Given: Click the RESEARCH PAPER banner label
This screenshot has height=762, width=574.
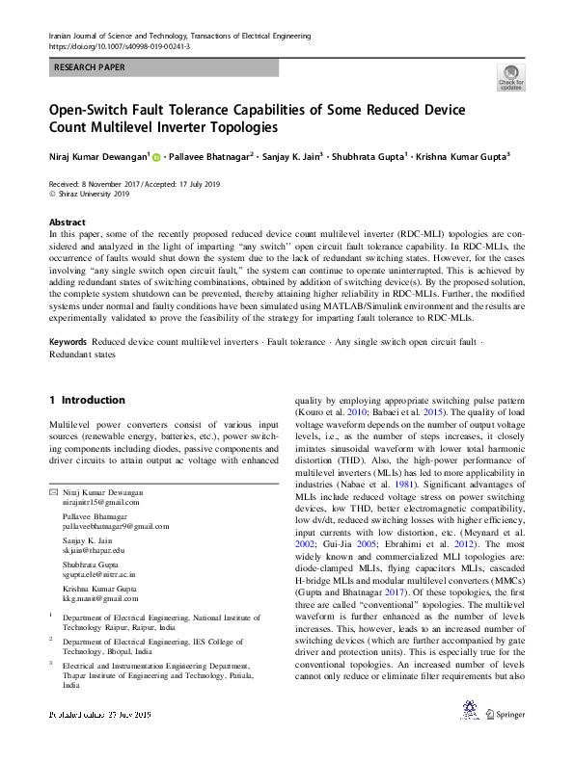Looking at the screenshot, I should click(x=90, y=67).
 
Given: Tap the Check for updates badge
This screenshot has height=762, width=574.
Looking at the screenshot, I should click(x=510, y=78).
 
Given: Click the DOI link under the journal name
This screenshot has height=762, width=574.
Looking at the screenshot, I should click(x=119, y=45).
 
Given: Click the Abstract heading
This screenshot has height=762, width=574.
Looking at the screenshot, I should click(x=67, y=222).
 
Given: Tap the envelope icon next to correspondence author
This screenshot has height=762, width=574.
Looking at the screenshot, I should click(x=53, y=492).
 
